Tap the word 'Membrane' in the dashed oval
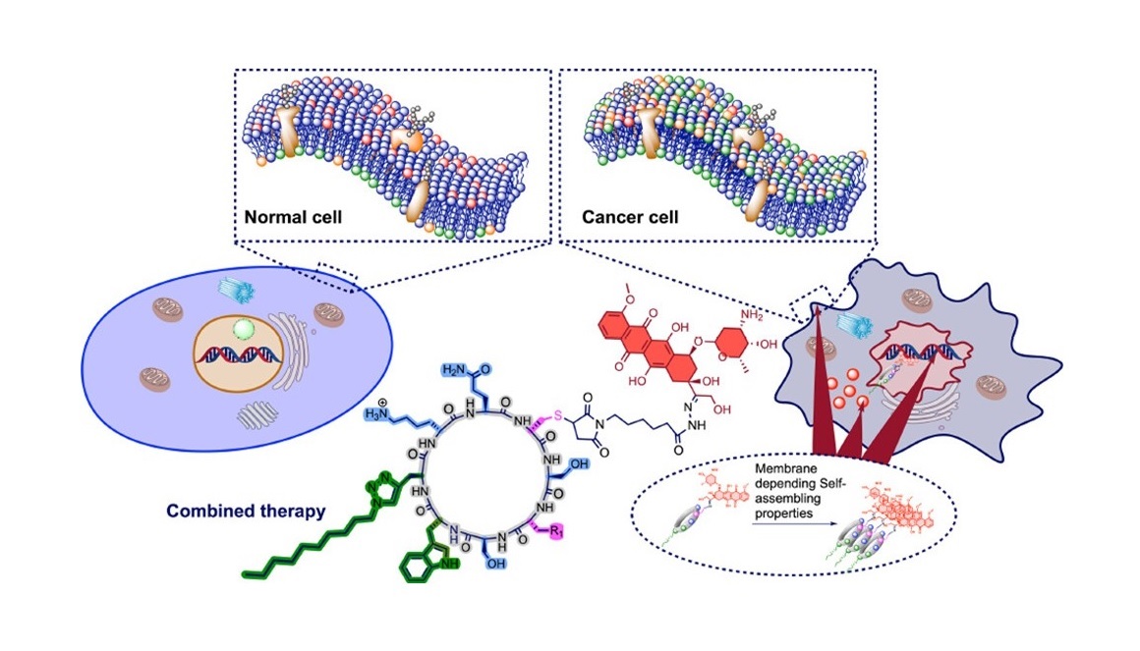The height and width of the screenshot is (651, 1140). (x=787, y=469)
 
